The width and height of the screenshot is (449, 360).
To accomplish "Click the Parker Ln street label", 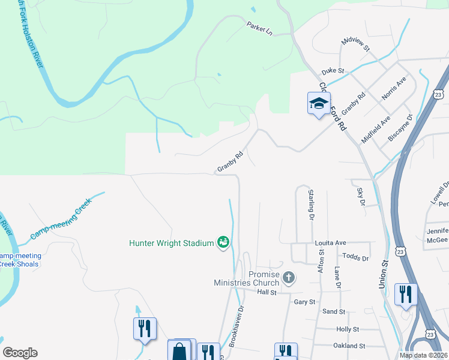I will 259,28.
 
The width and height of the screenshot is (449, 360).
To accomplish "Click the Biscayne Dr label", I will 400,127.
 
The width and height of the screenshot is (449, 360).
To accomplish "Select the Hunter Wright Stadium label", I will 172,243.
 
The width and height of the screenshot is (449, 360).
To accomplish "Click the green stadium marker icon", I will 223,242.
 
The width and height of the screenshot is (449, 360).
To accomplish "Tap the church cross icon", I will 289,277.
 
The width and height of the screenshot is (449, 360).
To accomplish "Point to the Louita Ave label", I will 331,243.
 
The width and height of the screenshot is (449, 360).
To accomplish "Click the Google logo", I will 20,353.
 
